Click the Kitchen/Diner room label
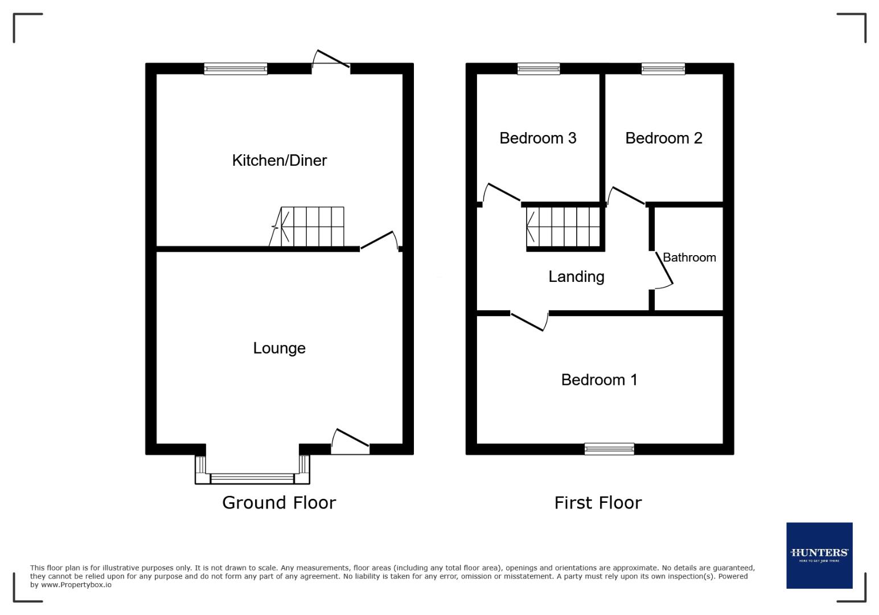tap(279, 160)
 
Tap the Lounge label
tap(279, 348)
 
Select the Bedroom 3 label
tap(537, 138)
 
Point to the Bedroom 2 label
tap(663, 138)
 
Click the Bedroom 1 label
tap(599, 380)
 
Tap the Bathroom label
tap(689, 257)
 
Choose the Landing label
tap(576, 277)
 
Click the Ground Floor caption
tap(279, 502)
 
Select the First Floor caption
tap(598, 502)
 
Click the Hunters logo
tap(819, 555)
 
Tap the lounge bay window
tap(252, 477)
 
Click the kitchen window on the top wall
tap(236, 69)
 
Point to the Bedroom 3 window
tap(539, 69)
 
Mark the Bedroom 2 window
tap(663, 69)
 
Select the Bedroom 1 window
tap(609, 449)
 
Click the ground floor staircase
tap(310, 227)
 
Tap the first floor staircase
tap(564, 227)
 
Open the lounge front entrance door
tap(350, 442)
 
